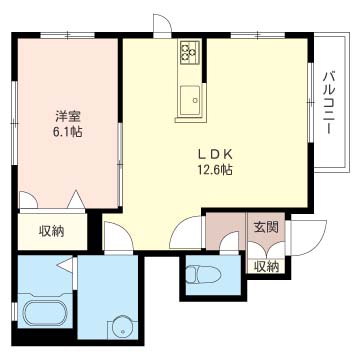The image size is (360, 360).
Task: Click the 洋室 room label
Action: pyautogui.click(x=68, y=117)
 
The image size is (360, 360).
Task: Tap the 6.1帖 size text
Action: pyautogui.click(x=67, y=132)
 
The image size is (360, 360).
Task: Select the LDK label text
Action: pyautogui.click(x=215, y=155)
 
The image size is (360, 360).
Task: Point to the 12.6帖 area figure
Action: pyautogui.click(x=214, y=170)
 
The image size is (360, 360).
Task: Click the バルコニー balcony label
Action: pyautogui.click(x=329, y=102)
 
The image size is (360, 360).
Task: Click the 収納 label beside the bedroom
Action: pyautogui.click(x=52, y=231)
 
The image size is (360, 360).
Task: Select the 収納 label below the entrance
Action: pyautogui.click(x=266, y=266)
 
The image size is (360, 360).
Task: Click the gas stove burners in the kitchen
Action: pyautogui.click(x=190, y=52)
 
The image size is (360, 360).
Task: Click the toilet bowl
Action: pyautogui.click(x=203, y=275)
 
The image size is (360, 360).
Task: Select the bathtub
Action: pyautogui.click(x=45, y=312)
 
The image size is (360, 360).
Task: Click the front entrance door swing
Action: pyautogui.click(x=308, y=238)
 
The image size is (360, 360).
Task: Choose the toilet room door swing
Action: pyautogui.click(x=229, y=242)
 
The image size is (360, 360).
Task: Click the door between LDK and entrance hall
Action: pyautogui.click(x=185, y=232)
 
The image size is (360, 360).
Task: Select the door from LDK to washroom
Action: pyautogui.click(x=119, y=238)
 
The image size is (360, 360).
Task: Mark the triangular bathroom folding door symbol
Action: pyautogui.click(x=66, y=264)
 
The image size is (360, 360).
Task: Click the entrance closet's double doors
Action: pyautogui.click(x=266, y=250)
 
